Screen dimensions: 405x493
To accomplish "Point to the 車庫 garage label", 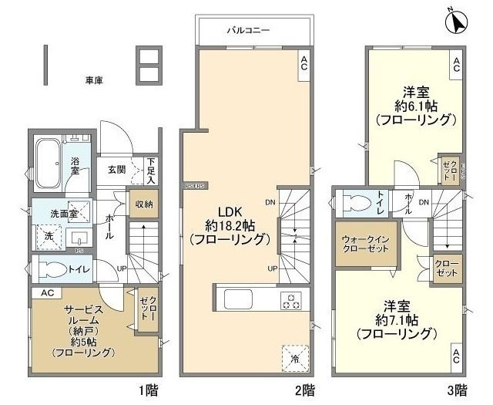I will (95, 79).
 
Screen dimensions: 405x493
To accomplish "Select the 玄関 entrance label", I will (117, 170).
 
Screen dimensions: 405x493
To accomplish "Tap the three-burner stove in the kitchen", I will (293, 302).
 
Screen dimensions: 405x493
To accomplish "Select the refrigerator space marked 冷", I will (296, 357).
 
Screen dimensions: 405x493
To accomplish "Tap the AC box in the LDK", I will (304, 64).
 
